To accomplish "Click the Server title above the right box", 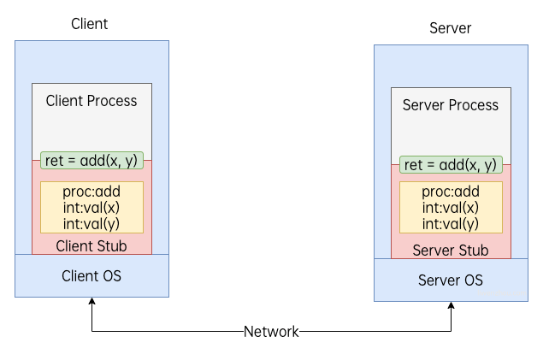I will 450,29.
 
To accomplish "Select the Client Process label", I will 91,101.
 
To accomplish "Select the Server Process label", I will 450,105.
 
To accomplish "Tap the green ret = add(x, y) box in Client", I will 91,161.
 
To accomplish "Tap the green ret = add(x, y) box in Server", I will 450,165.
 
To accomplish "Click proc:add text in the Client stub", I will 91,192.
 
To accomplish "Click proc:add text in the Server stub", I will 450,192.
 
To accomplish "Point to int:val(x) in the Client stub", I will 91,208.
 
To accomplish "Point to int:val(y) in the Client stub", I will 91,223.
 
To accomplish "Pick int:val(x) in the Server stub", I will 450,208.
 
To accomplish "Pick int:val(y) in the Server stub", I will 450,224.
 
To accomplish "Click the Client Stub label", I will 91,246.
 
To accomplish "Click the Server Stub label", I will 450,251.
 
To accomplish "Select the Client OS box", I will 91,275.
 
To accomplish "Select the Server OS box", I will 450,280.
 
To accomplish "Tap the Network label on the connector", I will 271,332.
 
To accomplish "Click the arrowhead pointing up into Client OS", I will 91,302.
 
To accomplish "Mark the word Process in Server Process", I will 474,105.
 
